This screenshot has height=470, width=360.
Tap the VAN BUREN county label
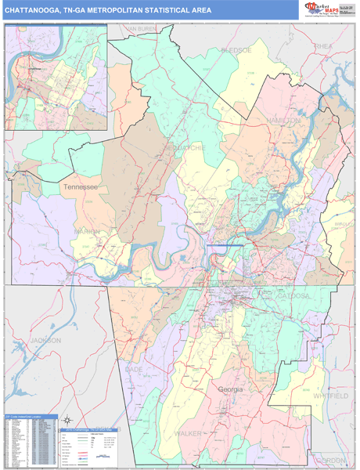[x=142, y=29]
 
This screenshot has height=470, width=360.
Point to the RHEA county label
[x=323, y=47]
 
